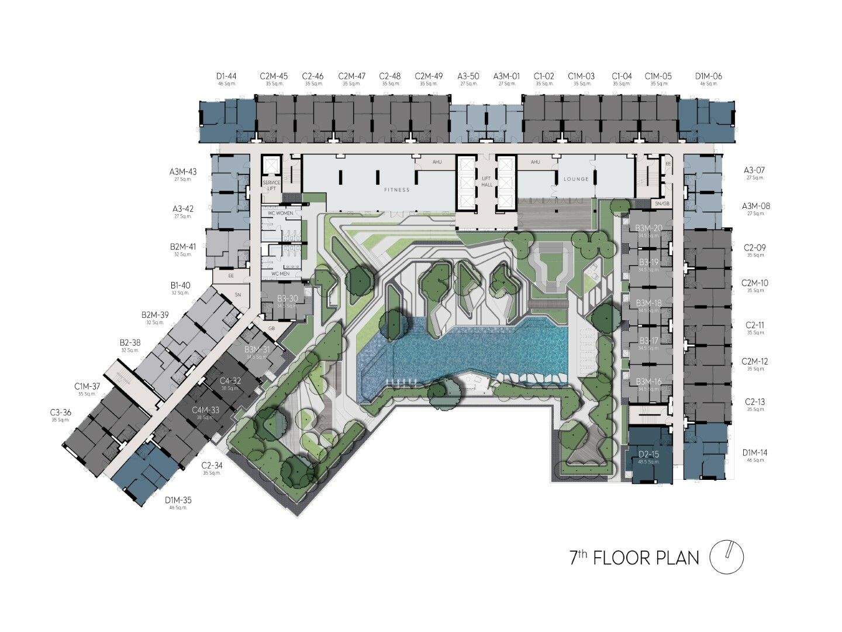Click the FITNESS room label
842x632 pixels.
click(x=397, y=190)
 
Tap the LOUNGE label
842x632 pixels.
click(x=576, y=179)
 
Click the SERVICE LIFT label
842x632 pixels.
click(x=271, y=186)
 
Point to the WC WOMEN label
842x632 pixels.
click(x=280, y=214)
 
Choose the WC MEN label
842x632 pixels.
click(x=280, y=273)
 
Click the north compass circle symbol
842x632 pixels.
click(x=726, y=557)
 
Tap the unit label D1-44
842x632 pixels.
click(x=226, y=76)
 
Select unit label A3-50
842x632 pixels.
click(x=468, y=76)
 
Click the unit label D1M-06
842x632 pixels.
click(x=708, y=76)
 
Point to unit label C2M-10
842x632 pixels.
click(x=755, y=283)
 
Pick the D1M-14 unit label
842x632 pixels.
click(x=755, y=452)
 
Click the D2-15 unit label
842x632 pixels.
click(x=648, y=455)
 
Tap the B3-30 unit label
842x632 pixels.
click(x=288, y=298)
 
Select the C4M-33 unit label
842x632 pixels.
click(x=206, y=410)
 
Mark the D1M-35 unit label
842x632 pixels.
click(x=178, y=500)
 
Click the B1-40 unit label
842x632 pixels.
click(x=181, y=286)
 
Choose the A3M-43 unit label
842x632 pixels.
click(x=183, y=172)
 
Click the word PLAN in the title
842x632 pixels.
click(x=677, y=558)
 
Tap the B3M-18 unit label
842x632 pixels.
click(x=649, y=303)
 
